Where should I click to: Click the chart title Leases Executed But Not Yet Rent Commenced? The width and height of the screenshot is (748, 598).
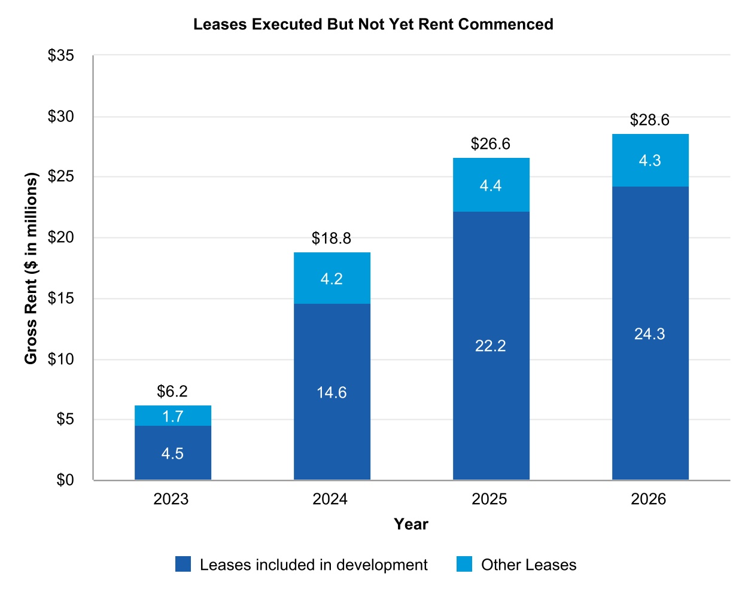point(373,25)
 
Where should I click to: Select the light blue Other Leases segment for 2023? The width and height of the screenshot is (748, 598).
point(173,416)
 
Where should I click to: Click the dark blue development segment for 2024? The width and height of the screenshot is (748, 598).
point(332,392)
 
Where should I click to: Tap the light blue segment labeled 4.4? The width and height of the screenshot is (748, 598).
point(491,185)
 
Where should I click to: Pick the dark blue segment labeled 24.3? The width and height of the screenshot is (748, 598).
point(650,333)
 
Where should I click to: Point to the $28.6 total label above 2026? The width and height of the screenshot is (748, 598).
point(650,120)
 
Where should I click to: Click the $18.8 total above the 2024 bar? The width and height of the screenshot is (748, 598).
point(332,239)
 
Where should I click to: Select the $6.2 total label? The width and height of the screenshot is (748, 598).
point(172,391)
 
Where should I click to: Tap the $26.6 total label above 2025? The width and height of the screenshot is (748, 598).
point(491,144)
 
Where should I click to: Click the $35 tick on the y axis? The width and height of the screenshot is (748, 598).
point(61,56)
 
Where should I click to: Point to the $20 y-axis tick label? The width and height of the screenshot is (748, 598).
point(61,237)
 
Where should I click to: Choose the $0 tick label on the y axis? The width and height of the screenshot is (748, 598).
point(65,480)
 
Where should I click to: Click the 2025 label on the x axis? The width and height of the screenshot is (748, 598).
point(489,499)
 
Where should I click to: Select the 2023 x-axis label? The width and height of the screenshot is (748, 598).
point(171,499)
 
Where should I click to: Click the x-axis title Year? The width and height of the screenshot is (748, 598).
point(411,524)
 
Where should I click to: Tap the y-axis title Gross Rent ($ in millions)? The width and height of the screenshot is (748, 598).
point(31,268)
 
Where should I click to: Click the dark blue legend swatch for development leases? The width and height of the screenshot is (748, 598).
point(183,564)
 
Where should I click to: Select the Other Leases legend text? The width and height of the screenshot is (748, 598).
point(528,565)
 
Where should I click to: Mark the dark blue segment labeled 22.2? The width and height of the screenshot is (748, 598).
point(491,345)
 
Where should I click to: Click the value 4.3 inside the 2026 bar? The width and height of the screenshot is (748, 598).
point(650,160)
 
